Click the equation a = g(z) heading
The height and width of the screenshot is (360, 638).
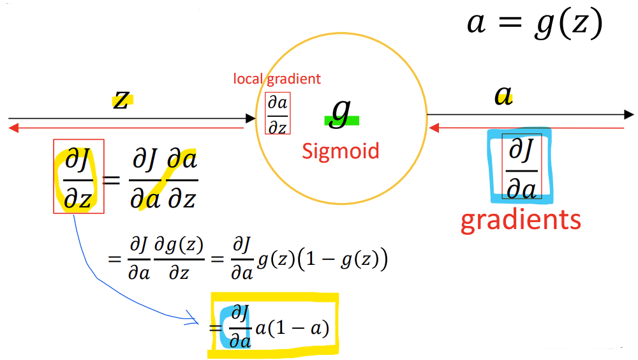click(535, 24)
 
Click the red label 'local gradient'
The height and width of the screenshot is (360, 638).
click(277, 79)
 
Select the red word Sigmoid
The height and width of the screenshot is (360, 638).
click(341, 151)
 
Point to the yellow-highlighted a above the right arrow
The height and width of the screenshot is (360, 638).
click(504, 96)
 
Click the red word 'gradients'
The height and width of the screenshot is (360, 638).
click(521, 220)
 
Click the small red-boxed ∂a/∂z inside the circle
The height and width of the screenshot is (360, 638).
click(278, 114)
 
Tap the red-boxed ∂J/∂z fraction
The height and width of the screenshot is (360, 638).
click(78, 176)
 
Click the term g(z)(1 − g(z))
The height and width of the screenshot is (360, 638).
click(322, 261)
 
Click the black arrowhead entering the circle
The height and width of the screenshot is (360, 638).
click(251, 118)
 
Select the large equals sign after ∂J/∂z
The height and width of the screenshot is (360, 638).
click(112, 180)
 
